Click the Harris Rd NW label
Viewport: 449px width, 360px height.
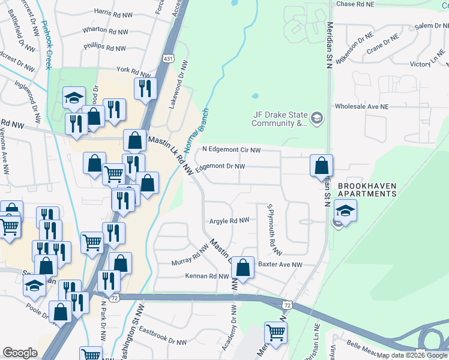(x=115, y=12)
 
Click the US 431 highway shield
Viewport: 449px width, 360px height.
(x=167, y=58)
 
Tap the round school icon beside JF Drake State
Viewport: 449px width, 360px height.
(x=317, y=119)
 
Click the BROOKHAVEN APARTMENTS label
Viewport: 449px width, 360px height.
(x=367, y=190)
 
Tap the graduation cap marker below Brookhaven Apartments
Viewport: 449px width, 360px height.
(x=345, y=211)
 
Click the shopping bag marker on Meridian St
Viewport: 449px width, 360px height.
(x=322, y=165)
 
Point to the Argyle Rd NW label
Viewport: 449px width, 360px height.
(x=229, y=221)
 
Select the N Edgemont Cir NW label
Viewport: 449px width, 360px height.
(x=231, y=149)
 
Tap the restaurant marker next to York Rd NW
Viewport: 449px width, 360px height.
(x=145, y=88)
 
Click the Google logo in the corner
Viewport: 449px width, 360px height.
(x=20, y=353)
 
